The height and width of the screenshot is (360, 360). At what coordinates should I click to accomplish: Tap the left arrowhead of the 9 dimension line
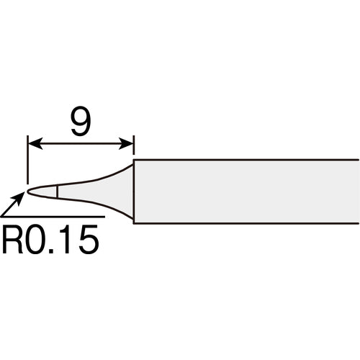coord(32,145)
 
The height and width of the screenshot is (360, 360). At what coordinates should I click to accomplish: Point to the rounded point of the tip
coord(30,192)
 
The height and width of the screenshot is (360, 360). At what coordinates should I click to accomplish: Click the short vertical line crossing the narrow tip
coord(57,192)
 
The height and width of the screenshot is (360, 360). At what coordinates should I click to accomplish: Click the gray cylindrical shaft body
coord(245,192)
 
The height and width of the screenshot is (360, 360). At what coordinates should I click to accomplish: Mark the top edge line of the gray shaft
coord(245,160)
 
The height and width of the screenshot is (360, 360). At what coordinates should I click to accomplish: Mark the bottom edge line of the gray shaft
coord(245,223)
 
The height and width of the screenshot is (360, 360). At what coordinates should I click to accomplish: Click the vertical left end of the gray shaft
coord(134,192)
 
